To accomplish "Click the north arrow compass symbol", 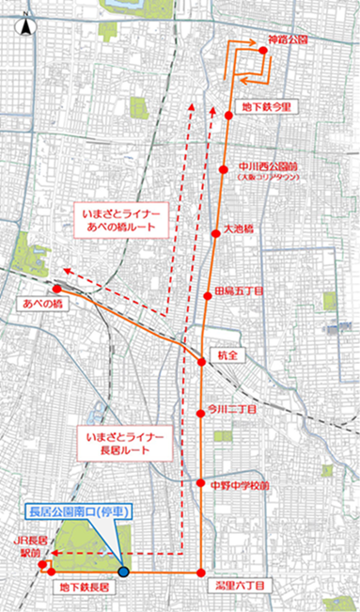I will click(x=26, y=25).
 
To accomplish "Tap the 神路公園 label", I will click(x=289, y=41).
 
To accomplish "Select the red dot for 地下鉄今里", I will click(x=228, y=115).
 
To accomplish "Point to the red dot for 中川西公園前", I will click(x=224, y=169).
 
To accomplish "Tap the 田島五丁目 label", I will click(x=240, y=292).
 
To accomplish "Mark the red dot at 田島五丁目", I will click(x=208, y=296).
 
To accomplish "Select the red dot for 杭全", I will click(x=202, y=362).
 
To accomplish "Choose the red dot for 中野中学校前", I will click(x=201, y=484).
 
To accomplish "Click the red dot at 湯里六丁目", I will click(x=201, y=573).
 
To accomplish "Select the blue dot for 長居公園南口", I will click(x=124, y=572).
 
